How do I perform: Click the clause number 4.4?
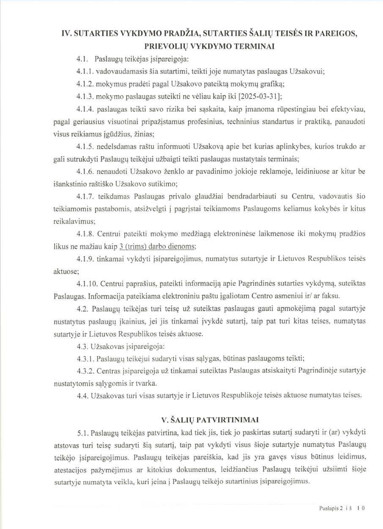pyautogui.click(x=82, y=396)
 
